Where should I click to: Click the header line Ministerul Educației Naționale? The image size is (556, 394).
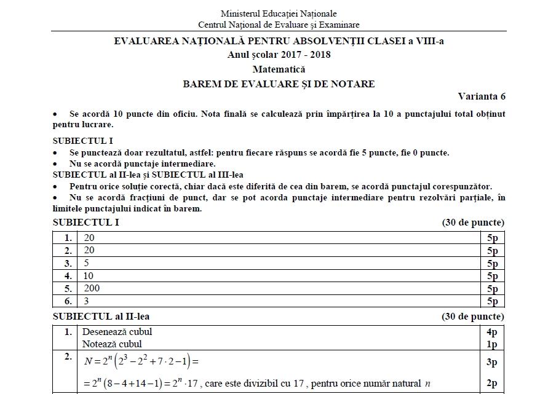pyautogui.click(x=279, y=14)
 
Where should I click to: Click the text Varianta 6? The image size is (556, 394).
pyautogui.click(x=482, y=97)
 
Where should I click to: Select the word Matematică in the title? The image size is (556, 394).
pyautogui.click(x=279, y=69)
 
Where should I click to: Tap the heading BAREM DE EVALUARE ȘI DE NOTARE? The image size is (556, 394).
pyautogui.click(x=279, y=84)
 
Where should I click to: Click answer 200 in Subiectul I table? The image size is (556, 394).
pyautogui.click(x=91, y=288)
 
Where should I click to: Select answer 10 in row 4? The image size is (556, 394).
pyautogui.click(x=88, y=276)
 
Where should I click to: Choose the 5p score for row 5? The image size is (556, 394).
pyautogui.click(x=492, y=289)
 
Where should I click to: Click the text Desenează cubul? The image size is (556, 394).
pyautogui.click(x=117, y=332)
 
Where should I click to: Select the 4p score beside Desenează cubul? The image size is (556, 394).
pyautogui.click(x=492, y=332)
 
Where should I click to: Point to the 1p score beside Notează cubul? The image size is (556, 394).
pyautogui.click(x=492, y=344)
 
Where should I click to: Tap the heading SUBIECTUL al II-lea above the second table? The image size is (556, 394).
pyautogui.click(x=101, y=317)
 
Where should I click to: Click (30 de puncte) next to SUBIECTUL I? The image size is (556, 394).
pyautogui.click(x=472, y=223)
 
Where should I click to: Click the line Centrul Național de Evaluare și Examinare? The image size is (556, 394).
pyautogui.click(x=279, y=25)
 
